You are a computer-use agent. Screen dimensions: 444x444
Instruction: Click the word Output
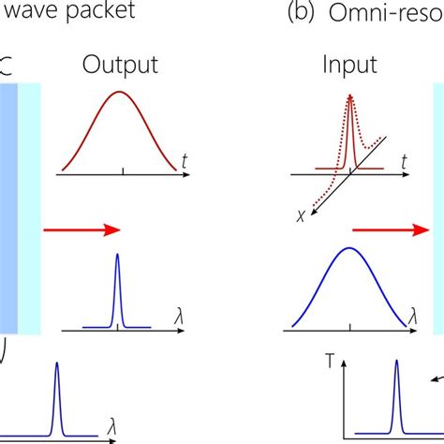pos(119,65)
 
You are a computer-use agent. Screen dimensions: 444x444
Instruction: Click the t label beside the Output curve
pos(187,163)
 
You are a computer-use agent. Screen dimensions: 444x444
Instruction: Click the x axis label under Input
pos(301,215)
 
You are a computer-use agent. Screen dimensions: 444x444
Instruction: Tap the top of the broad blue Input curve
pos(349,248)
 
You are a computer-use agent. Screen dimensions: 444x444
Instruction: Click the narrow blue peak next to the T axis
pos(396,361)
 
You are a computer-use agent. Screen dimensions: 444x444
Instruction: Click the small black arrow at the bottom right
pos(435,378)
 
